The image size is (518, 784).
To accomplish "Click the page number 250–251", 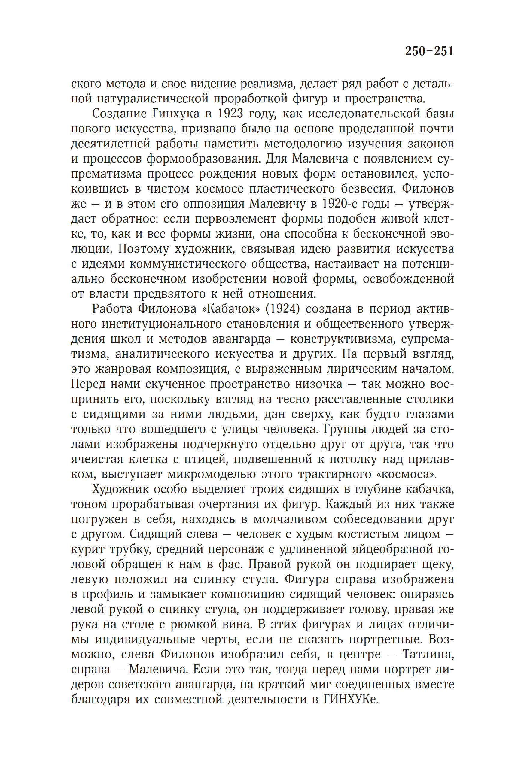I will coord(429,51).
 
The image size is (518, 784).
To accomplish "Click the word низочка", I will coord(318,384).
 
